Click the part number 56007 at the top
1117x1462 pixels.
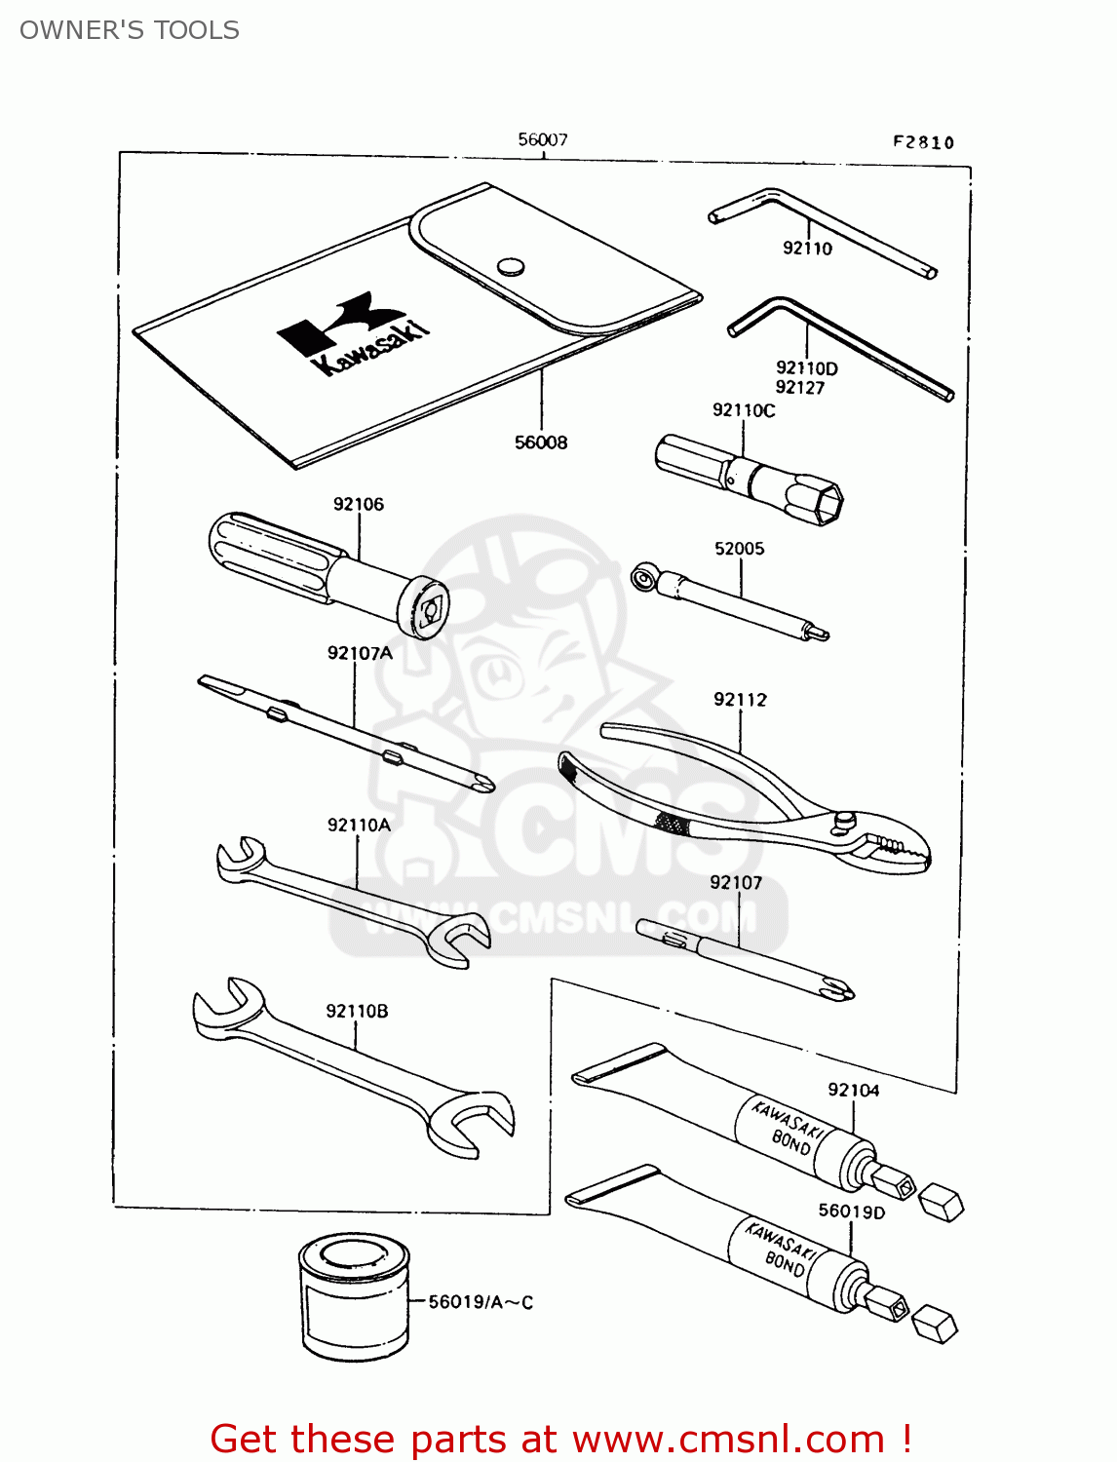point(542,140)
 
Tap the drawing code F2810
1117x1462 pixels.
point(923,142)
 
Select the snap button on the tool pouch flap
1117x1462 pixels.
point(511,266)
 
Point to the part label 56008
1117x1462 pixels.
point(541,442)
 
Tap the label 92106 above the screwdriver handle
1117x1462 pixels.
point(358,504)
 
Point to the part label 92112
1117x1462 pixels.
point(740,700)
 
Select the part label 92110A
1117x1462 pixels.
point(359,826)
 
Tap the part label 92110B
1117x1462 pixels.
point(357,1011)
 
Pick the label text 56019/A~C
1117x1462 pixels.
point(481,1302)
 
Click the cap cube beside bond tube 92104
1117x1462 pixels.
point(942,1202)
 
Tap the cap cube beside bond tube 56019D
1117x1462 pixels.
point(935,1325)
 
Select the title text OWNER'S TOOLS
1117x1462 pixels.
point(130,30)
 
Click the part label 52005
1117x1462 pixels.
point(739,549)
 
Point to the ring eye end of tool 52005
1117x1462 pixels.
point(644,579)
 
